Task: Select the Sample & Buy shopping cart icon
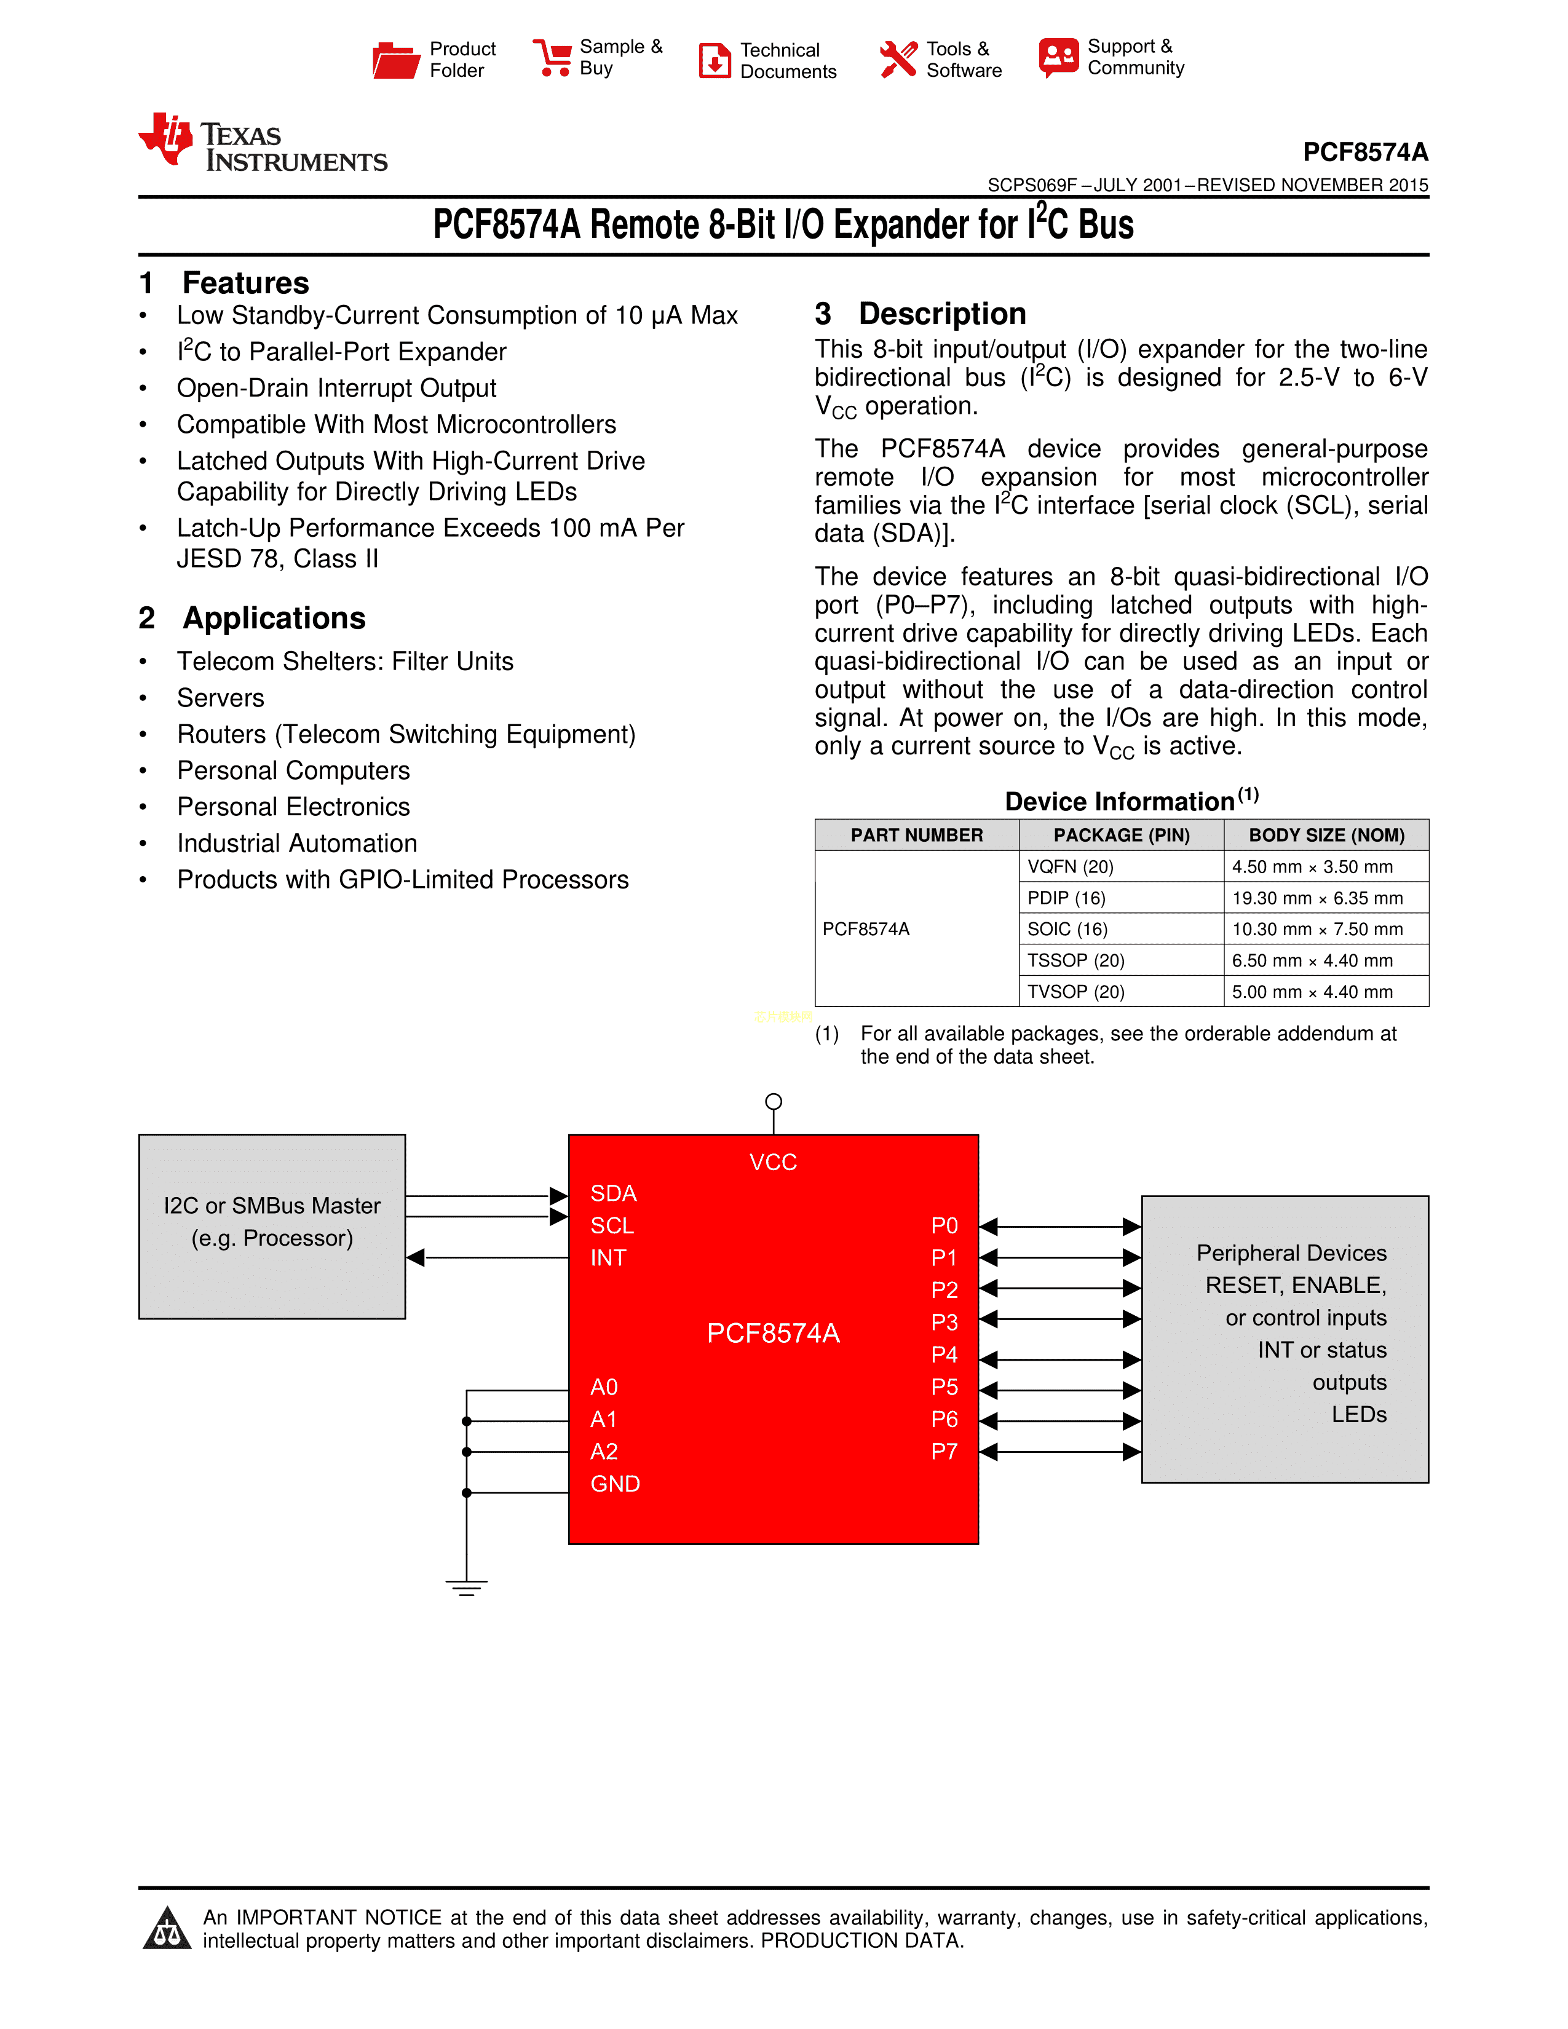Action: pos(552,58)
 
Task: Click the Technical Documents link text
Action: pos(788,60)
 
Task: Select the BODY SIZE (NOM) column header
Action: pos(1326,835)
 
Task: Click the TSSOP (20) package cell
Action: pos(1075,960)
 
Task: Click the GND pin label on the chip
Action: pos(615,1484)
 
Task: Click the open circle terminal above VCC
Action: pos(774,1102)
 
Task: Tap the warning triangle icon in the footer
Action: pos(167,1929)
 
